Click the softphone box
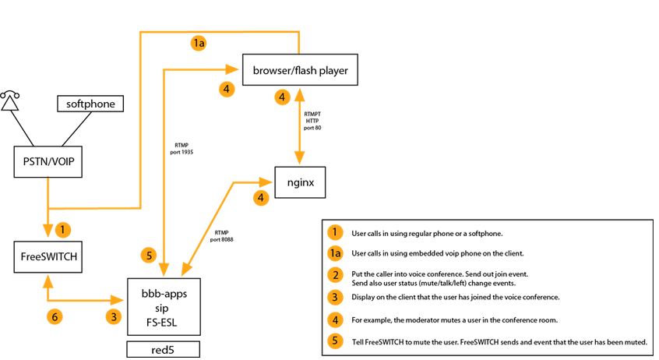(91, 104)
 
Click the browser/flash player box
(300, 72)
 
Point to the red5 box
(164, 348)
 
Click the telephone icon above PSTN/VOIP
(9, 101)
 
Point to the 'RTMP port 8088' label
(220, 235)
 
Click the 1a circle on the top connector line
(199, 44)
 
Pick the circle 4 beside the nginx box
(261, 198)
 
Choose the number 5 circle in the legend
(334, 341)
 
